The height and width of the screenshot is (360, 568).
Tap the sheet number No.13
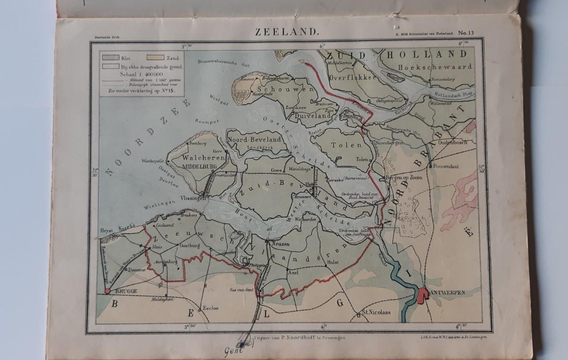point(466,32)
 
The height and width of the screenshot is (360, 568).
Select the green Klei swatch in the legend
point(110,57)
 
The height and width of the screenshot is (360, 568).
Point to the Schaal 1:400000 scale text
point(141,74)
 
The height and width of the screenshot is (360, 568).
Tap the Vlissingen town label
point(190,199)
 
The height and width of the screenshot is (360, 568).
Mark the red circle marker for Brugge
point(107,291)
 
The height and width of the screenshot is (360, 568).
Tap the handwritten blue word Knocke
point(127,228)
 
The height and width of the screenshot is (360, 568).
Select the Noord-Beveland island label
point(254,139)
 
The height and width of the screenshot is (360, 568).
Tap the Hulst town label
point(332,262)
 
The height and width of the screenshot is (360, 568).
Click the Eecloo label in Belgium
point(210,308)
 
